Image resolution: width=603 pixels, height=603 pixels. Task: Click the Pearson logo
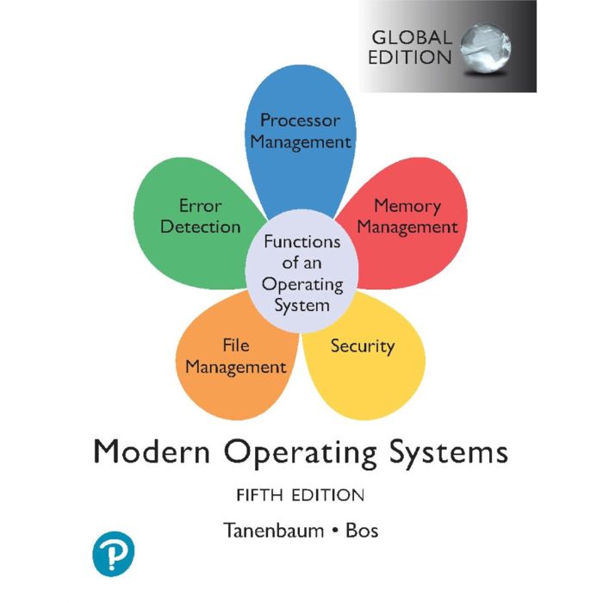[114, 553]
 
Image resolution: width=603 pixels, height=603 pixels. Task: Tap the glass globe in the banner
[486, 47]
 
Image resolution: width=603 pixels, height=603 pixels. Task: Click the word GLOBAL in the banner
[412, 38]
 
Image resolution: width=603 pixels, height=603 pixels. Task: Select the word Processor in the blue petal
[301, 121]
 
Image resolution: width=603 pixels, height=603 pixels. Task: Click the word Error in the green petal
[201, 206]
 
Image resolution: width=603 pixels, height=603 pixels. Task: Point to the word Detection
[201, 227]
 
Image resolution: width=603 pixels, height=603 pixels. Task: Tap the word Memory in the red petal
[407, 207]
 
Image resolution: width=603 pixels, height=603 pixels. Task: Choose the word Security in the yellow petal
[363, 346]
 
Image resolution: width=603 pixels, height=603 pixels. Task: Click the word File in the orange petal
[236, 345]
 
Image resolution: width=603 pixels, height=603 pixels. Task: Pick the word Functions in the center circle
[302, 241]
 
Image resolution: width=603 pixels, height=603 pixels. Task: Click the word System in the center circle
[301, 307]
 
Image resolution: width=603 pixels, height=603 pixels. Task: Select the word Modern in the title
[152, 452]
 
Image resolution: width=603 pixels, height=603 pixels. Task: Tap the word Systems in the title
[449, 454]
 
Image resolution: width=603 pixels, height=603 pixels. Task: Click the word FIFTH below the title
[259, 495]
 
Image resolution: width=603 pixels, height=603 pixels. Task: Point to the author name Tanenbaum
[273, 531]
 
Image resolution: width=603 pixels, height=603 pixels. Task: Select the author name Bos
[362, 531]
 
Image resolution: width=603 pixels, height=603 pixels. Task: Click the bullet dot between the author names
[335, 532]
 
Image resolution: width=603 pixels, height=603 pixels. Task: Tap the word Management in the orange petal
[236, 367]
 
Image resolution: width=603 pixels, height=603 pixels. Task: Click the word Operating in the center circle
[302, 285]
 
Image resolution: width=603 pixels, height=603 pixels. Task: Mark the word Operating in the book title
[300, 454]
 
